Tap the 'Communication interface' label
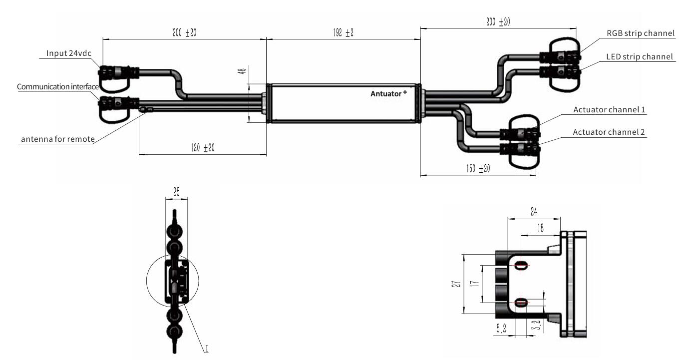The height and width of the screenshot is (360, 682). coord(57,87)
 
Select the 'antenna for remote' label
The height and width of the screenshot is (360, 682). coord(57,139)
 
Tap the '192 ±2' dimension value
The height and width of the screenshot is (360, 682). coord(343,33)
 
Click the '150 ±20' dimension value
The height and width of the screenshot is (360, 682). coord(477,169)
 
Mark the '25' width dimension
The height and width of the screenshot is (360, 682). coord(177,191)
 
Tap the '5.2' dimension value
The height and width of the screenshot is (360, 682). coord(500,329)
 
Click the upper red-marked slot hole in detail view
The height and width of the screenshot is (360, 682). coord(521,266)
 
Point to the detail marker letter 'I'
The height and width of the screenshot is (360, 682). coord(206,348)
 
